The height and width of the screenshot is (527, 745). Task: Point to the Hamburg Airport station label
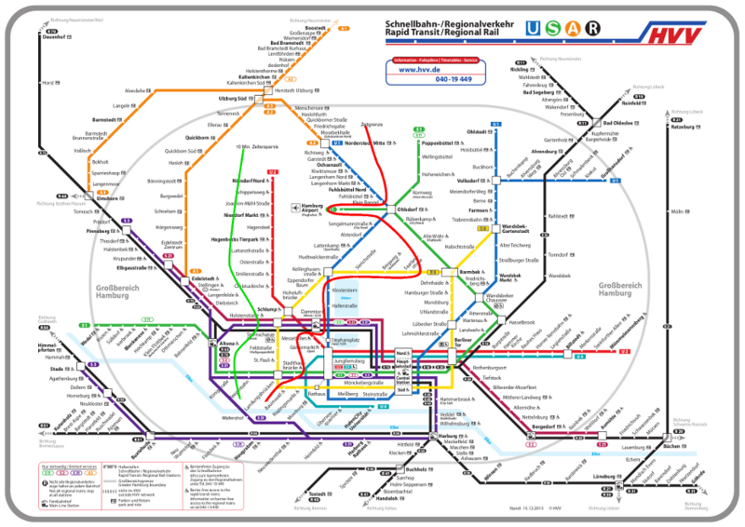coord(310,209)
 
